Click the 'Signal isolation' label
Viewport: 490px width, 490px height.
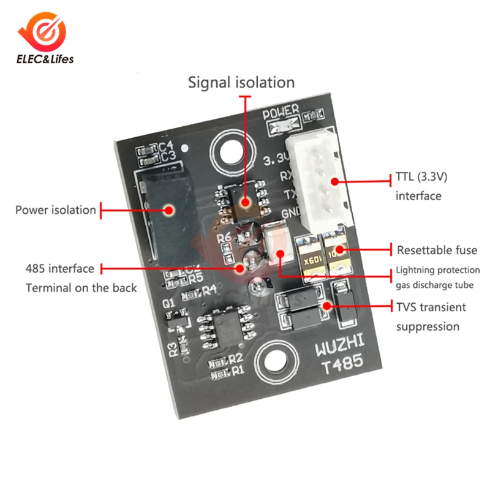tap(241, 82)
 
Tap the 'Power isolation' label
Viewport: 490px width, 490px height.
tap(56, 210)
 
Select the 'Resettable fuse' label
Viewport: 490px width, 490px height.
tap(437, 250)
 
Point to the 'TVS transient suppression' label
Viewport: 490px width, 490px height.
tap(431, 316)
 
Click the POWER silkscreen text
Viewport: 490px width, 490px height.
tap(281, 113)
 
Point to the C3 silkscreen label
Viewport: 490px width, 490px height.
tap(167, 157)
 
